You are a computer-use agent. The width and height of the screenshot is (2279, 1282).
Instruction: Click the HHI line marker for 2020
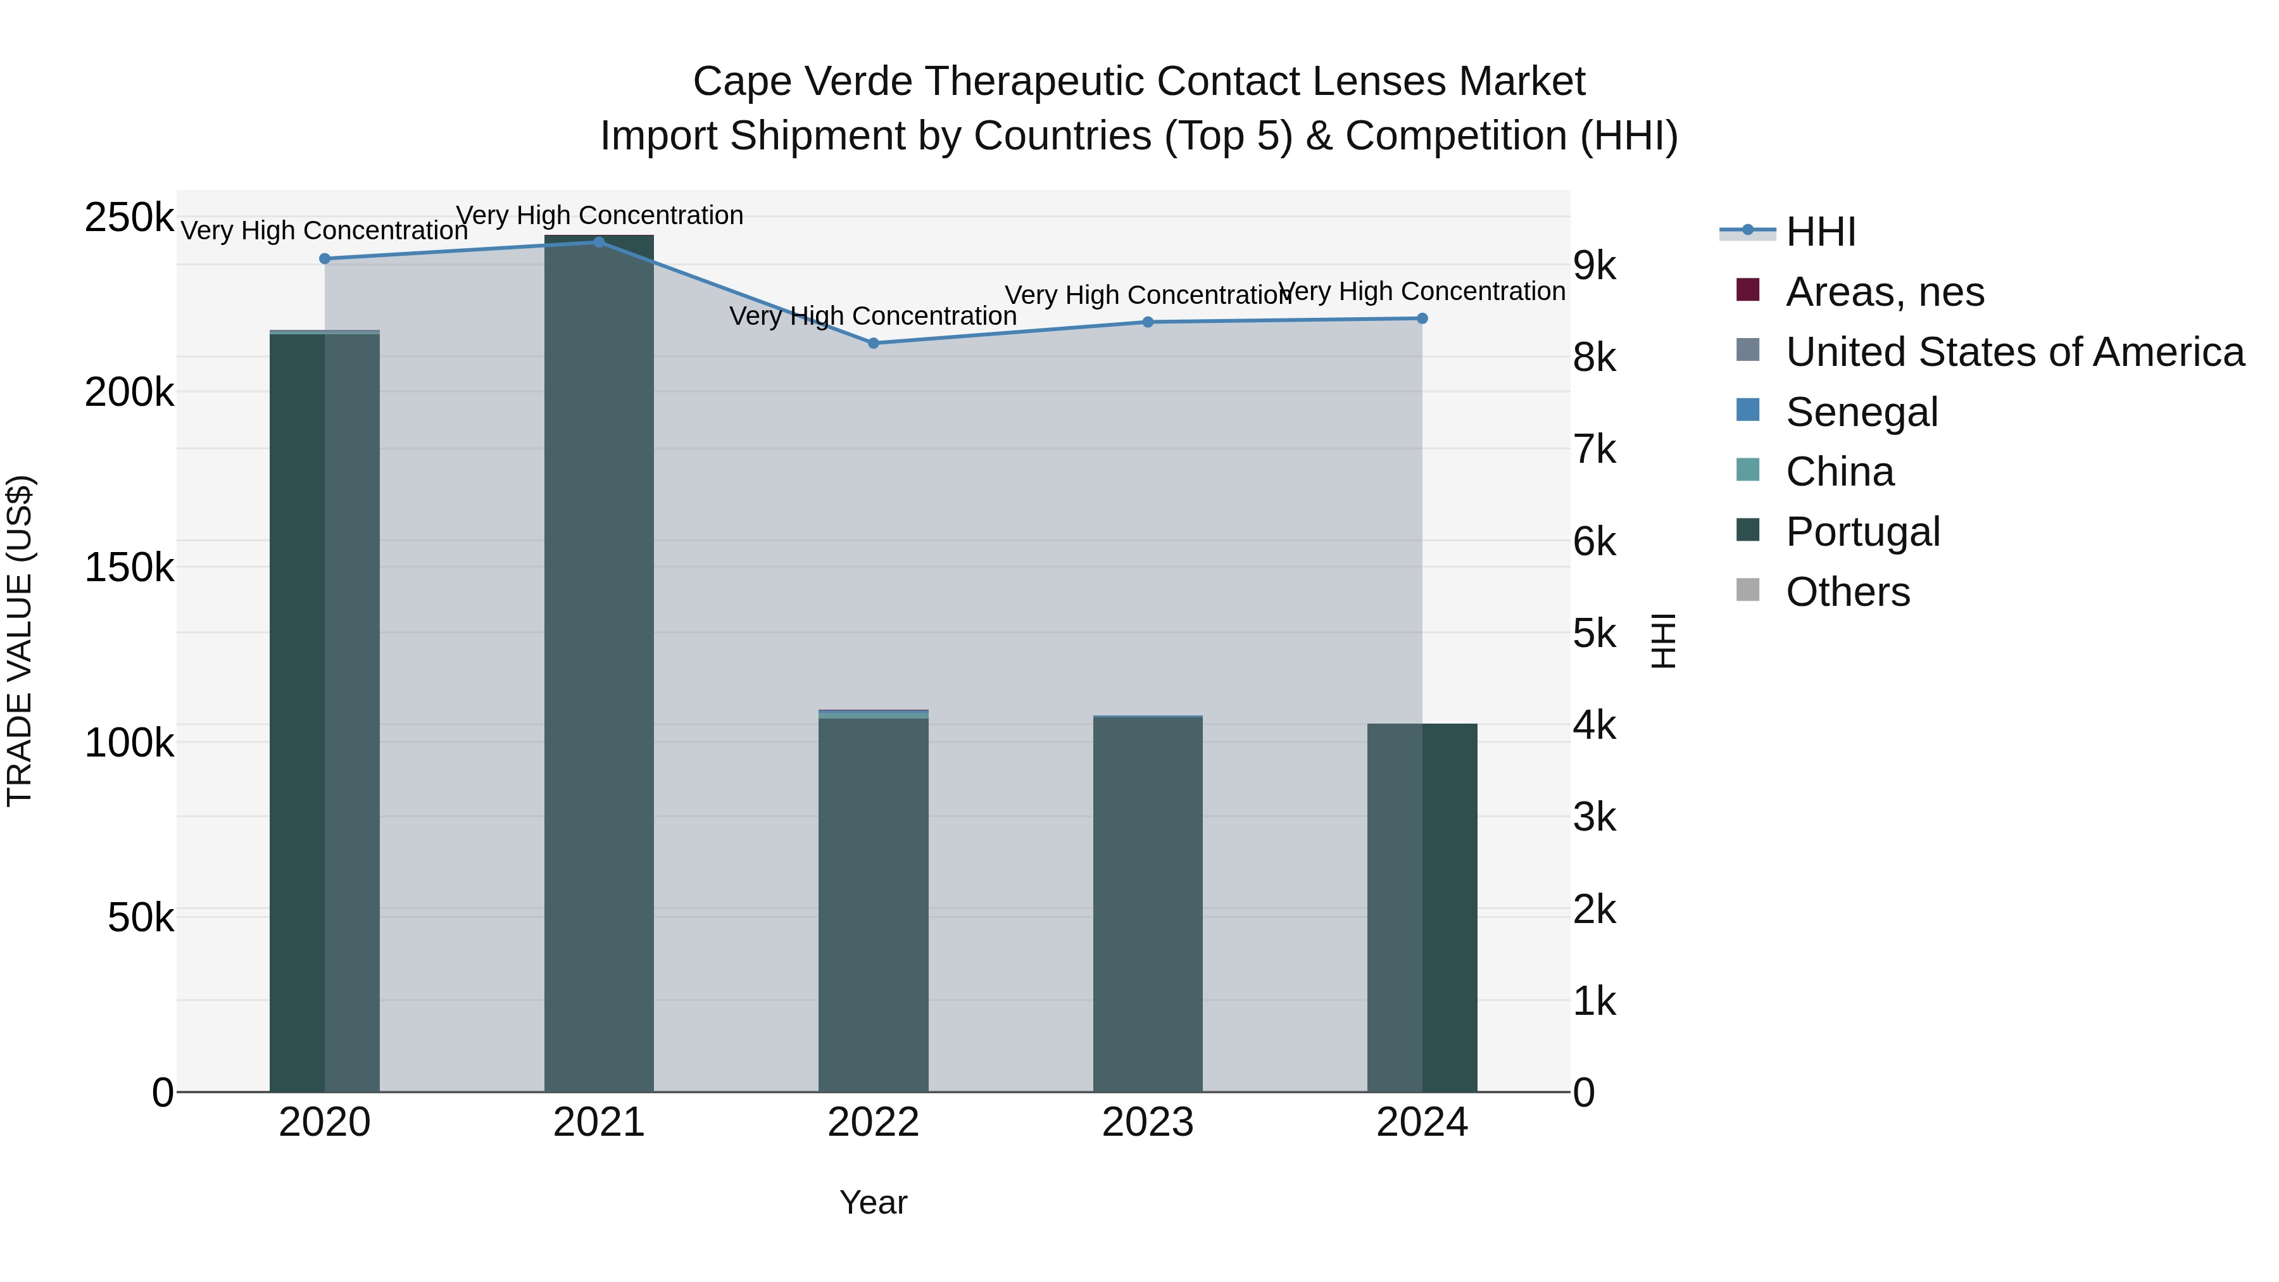click(x=325, y=259)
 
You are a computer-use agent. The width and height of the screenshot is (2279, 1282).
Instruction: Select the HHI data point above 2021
click(x=599, y=242)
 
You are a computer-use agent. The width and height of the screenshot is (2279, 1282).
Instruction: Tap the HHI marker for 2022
click(x=873, y=343)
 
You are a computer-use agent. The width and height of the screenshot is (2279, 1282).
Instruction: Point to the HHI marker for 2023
click(x=1148, y=322)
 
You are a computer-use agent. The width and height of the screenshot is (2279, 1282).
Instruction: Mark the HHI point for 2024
click(x=1422, y=318)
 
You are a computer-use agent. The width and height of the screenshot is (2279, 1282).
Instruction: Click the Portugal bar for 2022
click(x=873, y=902)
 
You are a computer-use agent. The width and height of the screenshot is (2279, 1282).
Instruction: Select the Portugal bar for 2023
click(x=1148, y=902)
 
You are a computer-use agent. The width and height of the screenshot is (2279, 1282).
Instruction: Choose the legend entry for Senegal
click(x=1861, y=412)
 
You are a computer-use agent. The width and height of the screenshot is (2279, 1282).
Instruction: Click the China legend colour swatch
click(x=1748, y=470)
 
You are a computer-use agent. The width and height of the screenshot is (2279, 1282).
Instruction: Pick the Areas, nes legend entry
click(x=1885, y=292)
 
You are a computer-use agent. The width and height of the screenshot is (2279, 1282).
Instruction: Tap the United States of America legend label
click(x=2014, y=352)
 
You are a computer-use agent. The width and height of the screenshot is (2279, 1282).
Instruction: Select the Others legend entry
click(x=1847, y=592)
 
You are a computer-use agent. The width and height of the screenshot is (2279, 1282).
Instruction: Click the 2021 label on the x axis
click(x=599, y=1122)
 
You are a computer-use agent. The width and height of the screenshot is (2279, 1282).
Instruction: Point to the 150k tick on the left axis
click(x=129, y=567)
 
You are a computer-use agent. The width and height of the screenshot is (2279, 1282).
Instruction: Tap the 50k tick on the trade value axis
click(x=140, y=917)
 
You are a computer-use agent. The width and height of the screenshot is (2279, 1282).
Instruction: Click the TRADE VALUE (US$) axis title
click(x=20, y=641)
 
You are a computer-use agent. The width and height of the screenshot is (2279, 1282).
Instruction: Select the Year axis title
click(x=873, y=1202)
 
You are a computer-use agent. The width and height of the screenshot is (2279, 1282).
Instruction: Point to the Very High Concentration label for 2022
click(x=873, y=316)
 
